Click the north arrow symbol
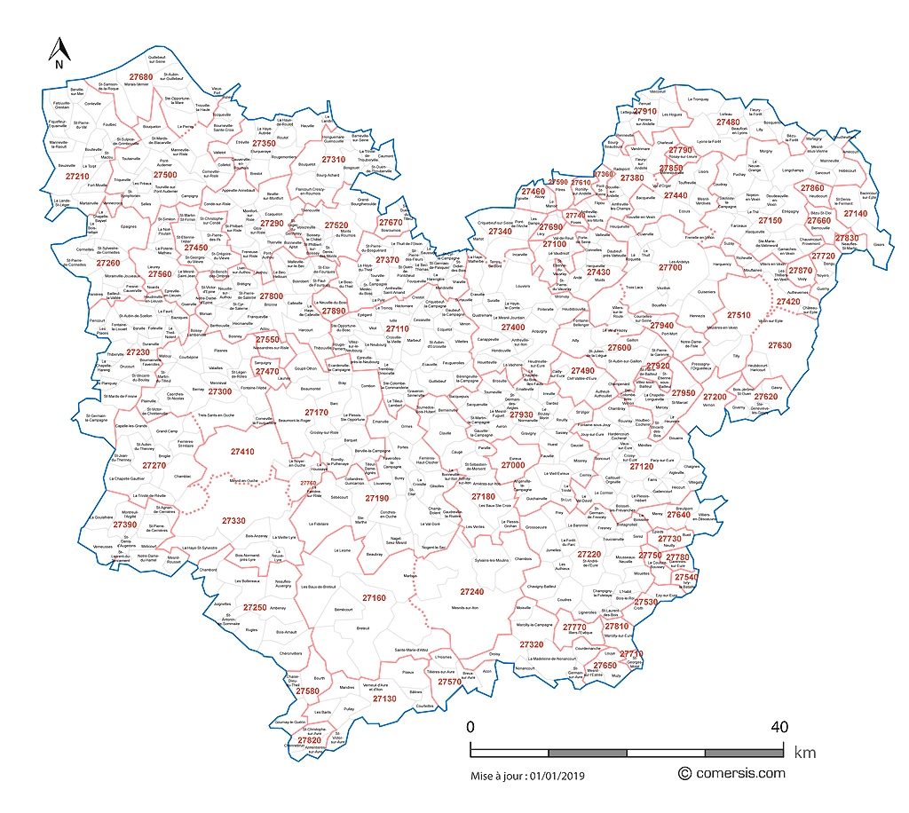pyautogui.click(x=57, y=52)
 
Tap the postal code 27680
pyautogui.click(x=140, y=77)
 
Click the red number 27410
pyautogui.click(x=242, y=452)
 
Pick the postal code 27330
pyautogui.click(x=233, y=520)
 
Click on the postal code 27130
pyautogui.click(x=384, y=699)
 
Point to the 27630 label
pyautogui.click(x=779, y=345)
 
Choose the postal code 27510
pyautogui.click(x=739, y=315)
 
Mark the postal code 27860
pyautogui.click(x=812, y=188)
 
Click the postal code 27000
pyautogui.click(x=513, y=465)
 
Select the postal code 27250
pyautogui.click(x=255, y=607)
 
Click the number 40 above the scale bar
pyautogui.click(x=779, y=727)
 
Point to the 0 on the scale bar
pyautogui.click(x=470, y=727)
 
